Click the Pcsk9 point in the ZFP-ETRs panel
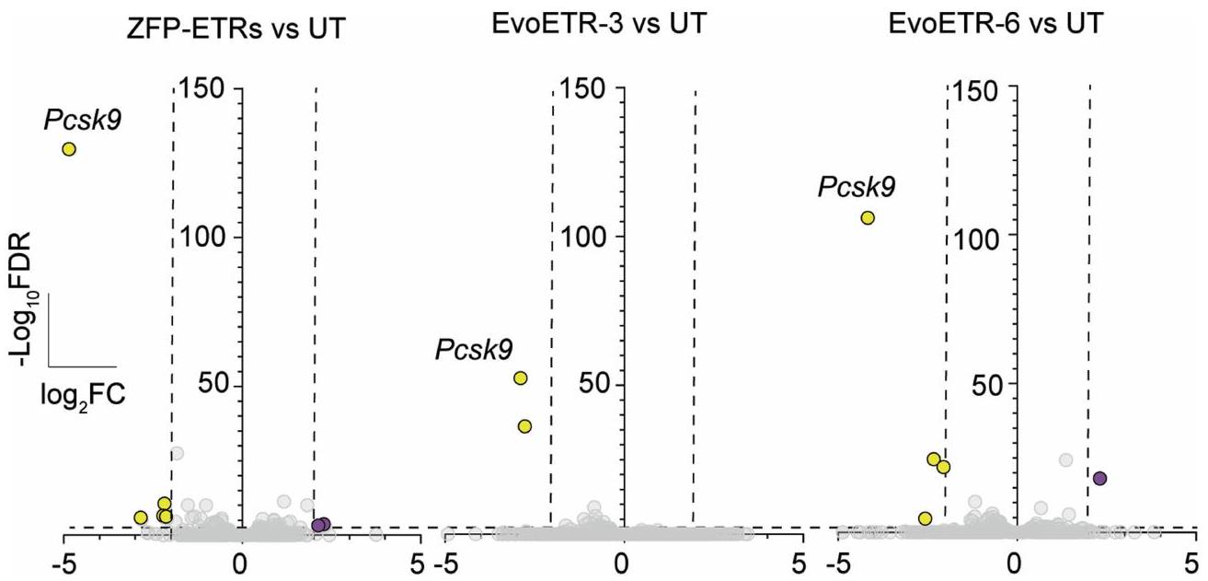click(x=68, y=149)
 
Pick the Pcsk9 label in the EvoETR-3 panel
click(x=474, y=349)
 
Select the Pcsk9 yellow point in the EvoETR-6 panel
click(x=867, y=217)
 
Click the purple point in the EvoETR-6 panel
click(x=1099, y=478)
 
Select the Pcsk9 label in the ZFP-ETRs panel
click(x=84, y=119)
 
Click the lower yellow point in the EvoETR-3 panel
click(x=524, y=426)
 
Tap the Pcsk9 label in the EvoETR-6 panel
click(x=857, y=188)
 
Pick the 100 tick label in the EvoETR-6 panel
click(x=978, y=238)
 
